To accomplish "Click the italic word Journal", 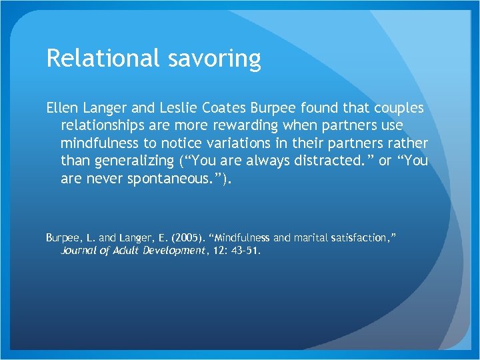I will (x=79, y=251).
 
